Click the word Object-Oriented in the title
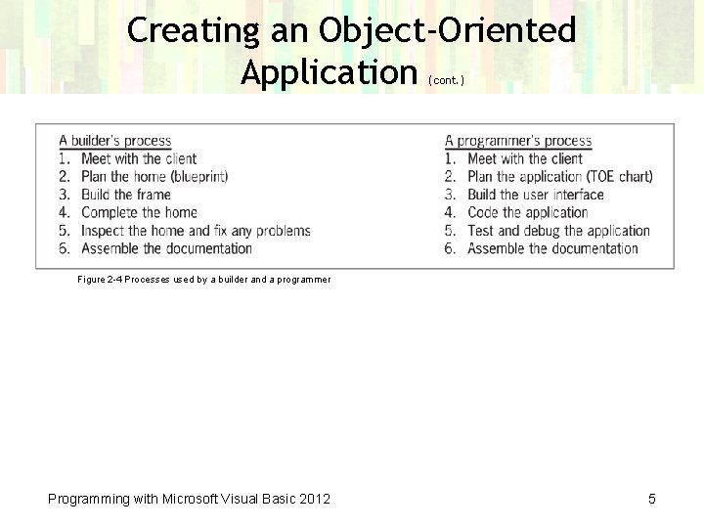[447, 30]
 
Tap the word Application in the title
[329, 71]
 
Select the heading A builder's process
[115, 141]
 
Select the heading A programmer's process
[518, 141]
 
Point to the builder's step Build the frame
[125, 195]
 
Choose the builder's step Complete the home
[139, 212]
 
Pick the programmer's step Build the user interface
[536, 195]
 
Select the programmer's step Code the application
[527, 212]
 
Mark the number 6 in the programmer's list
[450, 248]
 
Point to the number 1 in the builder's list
[64, 158]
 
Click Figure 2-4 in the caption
[100, 280]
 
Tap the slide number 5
[651, 499]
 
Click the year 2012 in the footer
[314, 499]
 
